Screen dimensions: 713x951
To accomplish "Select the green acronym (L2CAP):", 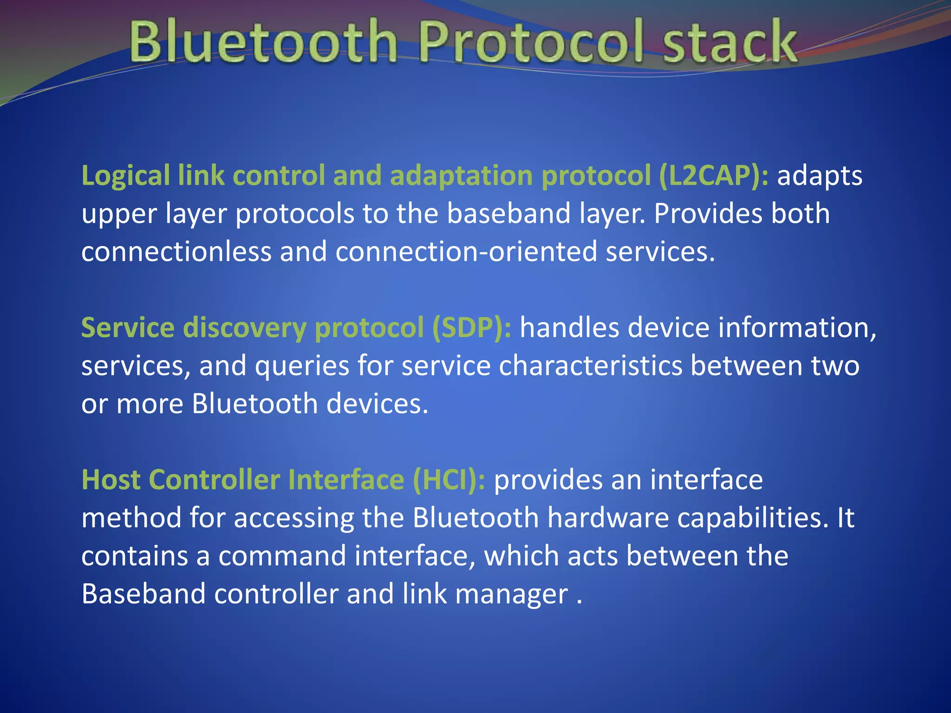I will coord(713,176).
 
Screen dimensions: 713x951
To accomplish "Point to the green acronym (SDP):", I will coord(471,328).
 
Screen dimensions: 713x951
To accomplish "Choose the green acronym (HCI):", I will coord(449,480).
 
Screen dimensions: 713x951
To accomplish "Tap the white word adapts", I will coord(820,176).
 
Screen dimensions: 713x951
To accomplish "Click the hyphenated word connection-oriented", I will coord(466,252).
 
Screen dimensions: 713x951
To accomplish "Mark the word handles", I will coord(570,328).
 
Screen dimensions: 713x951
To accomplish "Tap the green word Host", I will coord(111,480).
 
